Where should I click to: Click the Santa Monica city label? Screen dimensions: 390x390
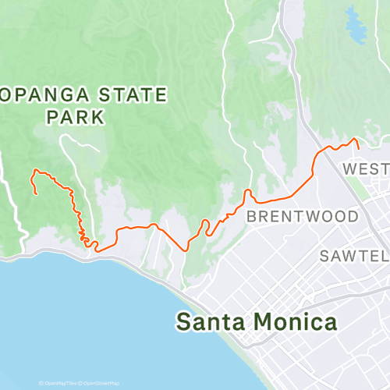tap(257, 321)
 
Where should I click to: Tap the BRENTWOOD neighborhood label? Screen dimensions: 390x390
tap(303, 216)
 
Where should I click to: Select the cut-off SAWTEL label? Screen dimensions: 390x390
tap(354, 256)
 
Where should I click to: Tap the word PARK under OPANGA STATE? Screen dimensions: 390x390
tap(75, 118)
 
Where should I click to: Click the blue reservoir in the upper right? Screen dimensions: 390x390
tap(356, 30)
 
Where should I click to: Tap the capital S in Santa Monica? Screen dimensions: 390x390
tap(183, 321)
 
